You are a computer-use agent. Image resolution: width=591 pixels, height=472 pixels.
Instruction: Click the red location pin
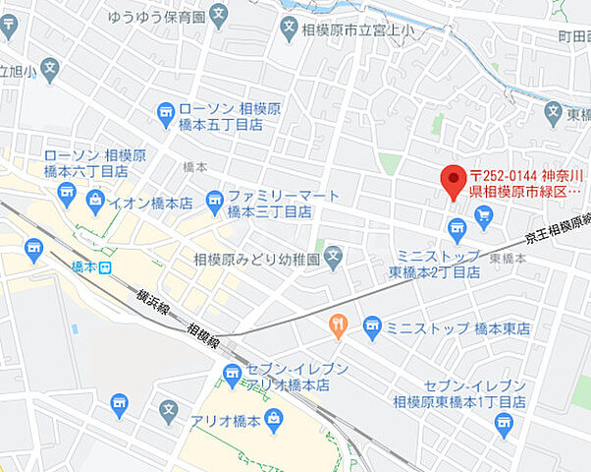pos(453,182)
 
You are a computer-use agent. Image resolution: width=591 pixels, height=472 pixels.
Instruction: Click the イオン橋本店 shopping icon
pos(95,203)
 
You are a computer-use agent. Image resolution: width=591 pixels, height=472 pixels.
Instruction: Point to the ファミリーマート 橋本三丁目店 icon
pos(215,203)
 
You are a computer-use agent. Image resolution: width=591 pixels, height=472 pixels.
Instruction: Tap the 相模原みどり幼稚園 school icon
pos(334,260)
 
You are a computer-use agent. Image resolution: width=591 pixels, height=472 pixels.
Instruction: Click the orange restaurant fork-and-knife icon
pos(338,325)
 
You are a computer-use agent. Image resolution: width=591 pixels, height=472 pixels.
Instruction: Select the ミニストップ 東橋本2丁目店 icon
pos(457,231)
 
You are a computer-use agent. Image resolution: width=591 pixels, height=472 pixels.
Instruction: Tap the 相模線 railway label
pos(202,335)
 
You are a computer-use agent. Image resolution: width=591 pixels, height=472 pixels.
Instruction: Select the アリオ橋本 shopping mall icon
pos(275,422)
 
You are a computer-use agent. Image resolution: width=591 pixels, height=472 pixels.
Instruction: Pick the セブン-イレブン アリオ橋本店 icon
pos(232,374)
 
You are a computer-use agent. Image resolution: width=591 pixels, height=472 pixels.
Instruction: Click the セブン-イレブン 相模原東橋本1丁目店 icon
pos(504,423)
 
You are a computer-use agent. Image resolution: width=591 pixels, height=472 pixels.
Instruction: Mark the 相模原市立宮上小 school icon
pos(289,29)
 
